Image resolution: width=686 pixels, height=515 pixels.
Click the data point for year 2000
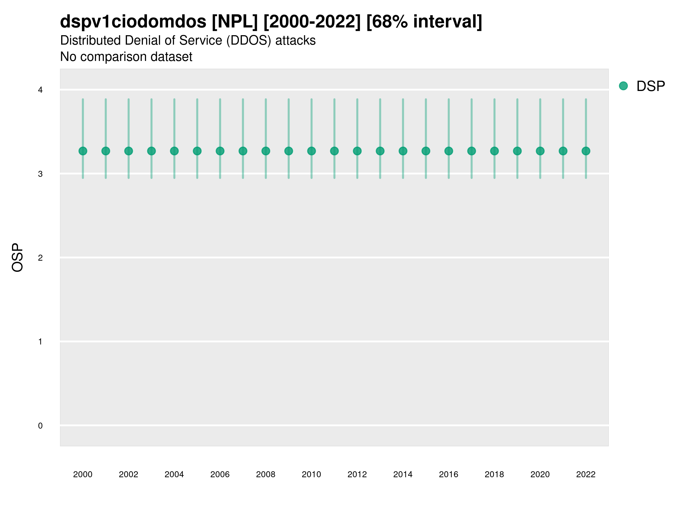tap(83, 151)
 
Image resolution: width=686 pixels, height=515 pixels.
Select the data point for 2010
tap(311, 151)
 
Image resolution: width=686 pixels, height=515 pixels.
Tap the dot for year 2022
tap(586, 151)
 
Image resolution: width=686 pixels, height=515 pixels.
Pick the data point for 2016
tap(449, 151)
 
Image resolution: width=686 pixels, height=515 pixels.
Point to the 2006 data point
tap(220, 151)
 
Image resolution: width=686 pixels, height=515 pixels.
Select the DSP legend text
tap(650, 86)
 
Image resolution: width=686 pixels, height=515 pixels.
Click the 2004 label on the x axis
tap(174, 474)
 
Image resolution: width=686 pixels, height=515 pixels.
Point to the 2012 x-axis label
tap(357, 474)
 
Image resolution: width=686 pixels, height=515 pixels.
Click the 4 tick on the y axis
tap(40, 90)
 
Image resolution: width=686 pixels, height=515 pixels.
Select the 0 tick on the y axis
tap(40, 426)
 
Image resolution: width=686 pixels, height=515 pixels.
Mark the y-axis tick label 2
tap(40, 258)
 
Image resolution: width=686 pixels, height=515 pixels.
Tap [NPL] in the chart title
tap(235, 22)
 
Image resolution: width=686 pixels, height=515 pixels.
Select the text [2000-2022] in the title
tap(312, 22)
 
